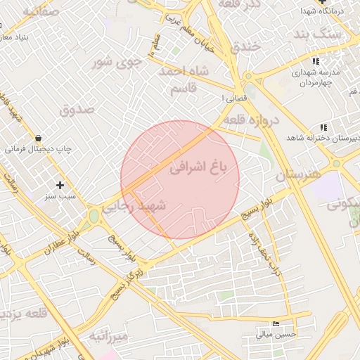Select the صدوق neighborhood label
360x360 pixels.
(x=77, y=110)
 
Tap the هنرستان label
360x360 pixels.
(x=297, y=173)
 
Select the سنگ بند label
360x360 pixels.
(x=318, y=34)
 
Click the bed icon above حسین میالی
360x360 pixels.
(x=274, y=324)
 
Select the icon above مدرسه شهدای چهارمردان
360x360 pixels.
(x=314, y=62)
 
